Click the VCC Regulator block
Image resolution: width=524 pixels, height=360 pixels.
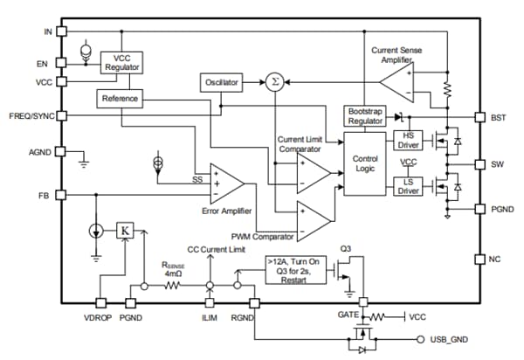pyautogui.click(x=121, y=63)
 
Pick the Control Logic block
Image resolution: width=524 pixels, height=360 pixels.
pyautogui.click(x=363, y=163)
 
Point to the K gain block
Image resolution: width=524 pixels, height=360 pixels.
pyautogui.click(x=125, y=231)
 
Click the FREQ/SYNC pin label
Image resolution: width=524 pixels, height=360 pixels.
pyautogui.click(x=28, y=116)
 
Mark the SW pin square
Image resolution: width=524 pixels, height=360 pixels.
pyautogui.click(x=479, y=163)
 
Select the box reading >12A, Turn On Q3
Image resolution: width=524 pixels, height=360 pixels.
pyautogui.click(x=297, y=271)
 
